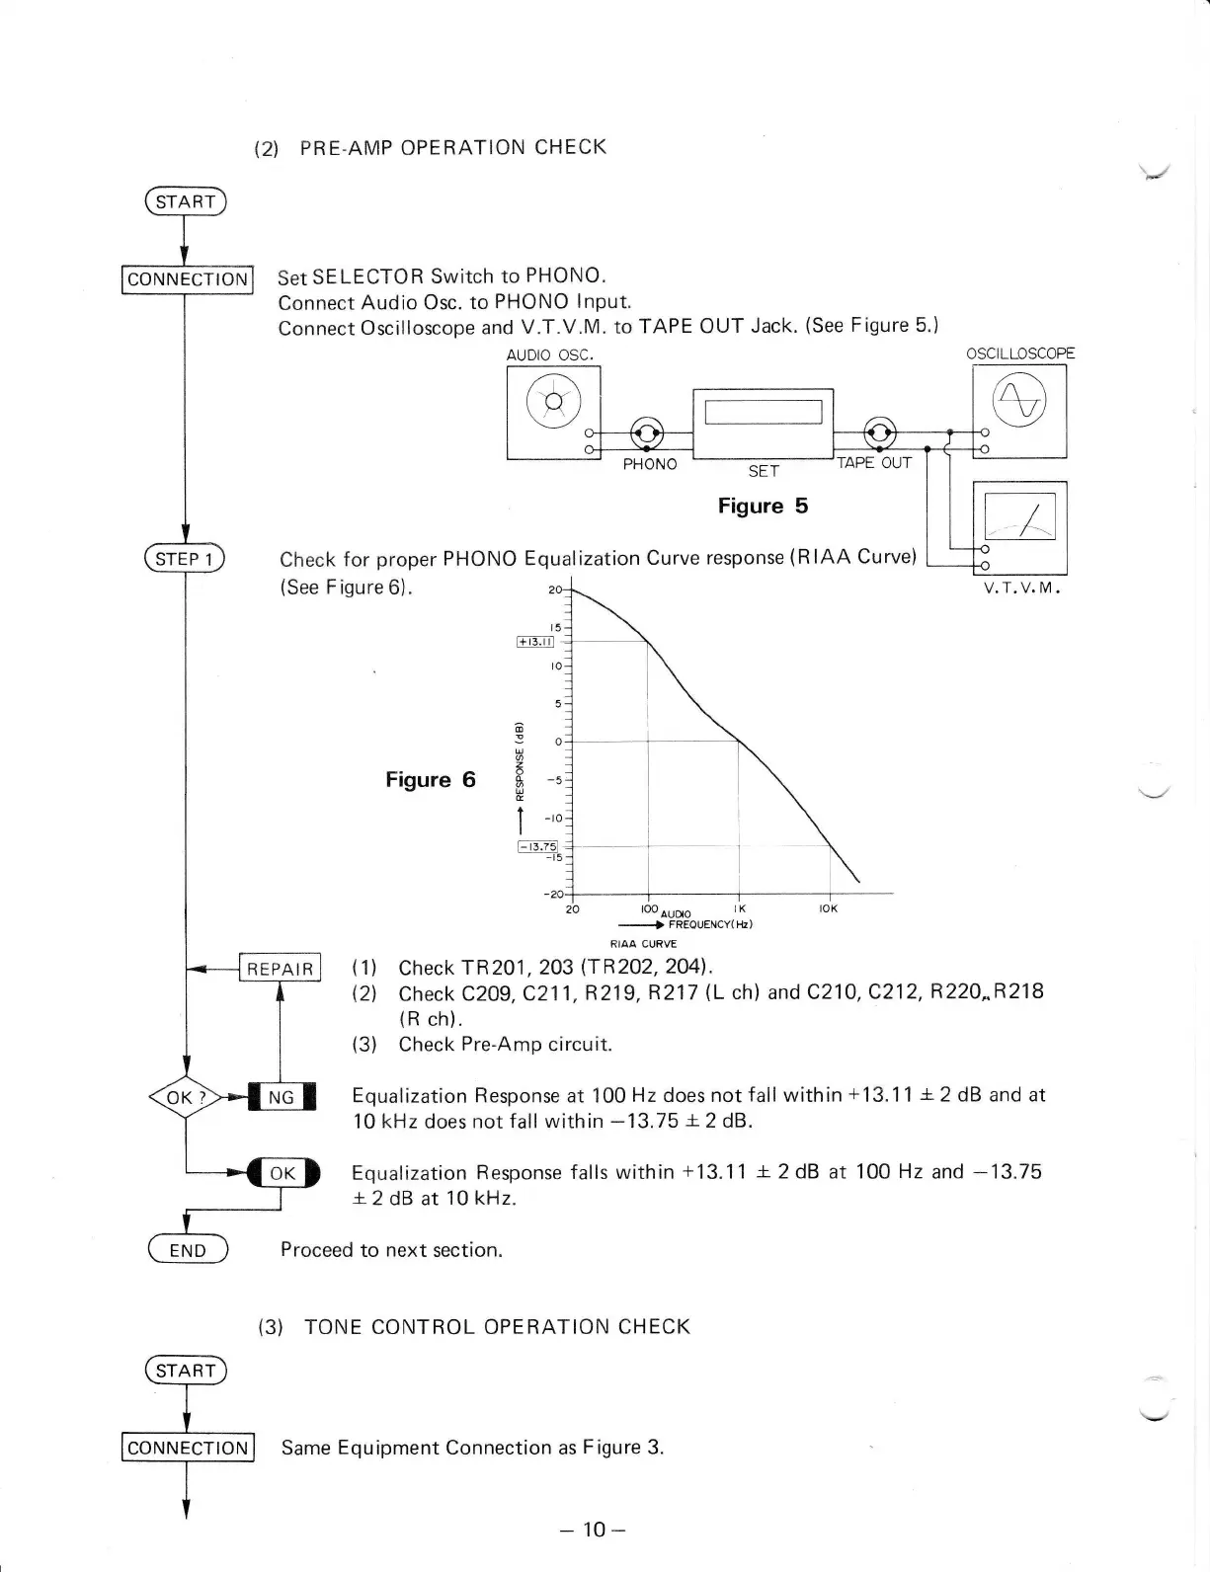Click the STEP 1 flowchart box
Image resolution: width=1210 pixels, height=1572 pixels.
pyautogui.click(x=185, y=559)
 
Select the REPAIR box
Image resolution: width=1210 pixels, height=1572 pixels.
pyautogui.click(x=281, y=969)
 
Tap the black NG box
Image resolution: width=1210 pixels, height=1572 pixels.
pyautogui.click(x=282, y=1097)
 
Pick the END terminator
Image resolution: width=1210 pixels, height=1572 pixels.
pyautogui.click(x=187, y=1250)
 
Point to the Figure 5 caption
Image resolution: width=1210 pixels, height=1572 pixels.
pyautogui.click(x=763, y=507)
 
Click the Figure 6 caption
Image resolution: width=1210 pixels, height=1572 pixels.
pyautogui.click(x=430, y=780)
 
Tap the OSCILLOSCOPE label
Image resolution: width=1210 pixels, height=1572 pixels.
pyautogui.click(x=1019, y=354)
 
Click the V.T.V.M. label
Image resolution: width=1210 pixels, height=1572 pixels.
pyautogui.click(x=1021, y=589)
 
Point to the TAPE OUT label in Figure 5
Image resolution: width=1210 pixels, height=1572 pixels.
pyautogui.click(x=873, y=463)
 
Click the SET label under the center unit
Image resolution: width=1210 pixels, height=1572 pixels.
pyautogui.click(x=763, y=471)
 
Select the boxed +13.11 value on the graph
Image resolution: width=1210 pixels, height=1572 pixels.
pyautogui.click(x=536, y=641)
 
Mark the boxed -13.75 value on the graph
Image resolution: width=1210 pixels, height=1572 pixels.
pyautogui.click(x=537, y=846)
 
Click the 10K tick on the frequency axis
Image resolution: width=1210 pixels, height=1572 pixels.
pyautogui.click(x=827, y=908)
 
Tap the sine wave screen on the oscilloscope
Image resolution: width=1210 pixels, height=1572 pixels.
pyautogui.click(x=1019, y=402)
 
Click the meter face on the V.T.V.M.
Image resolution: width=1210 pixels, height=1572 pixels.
pyautogui.click(x=1019, y=516)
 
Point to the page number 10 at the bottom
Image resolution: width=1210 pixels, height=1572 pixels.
pyautogui.click(x=593, y=1531)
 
